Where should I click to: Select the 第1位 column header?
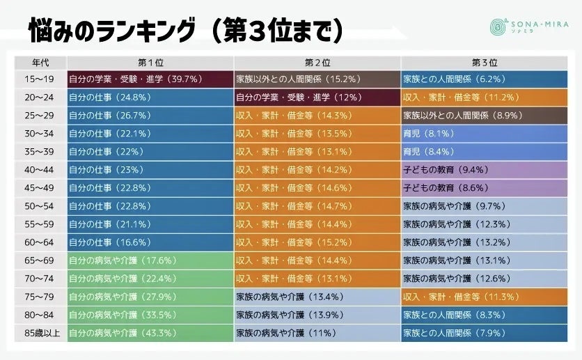150,61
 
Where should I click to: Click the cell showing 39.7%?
150,79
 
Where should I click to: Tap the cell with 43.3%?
150,333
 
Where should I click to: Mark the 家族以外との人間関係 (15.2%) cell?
317,79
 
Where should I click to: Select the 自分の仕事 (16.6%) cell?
150,242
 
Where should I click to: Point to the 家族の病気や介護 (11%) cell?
317,333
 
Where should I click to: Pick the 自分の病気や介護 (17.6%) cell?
150,260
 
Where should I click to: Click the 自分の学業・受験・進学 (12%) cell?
317,97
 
